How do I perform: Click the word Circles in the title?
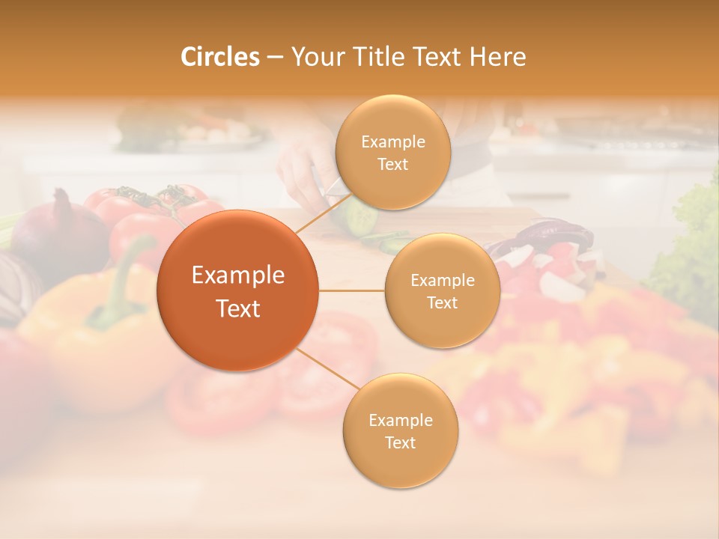219,57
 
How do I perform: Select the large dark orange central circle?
238,290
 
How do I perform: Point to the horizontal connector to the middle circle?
352,290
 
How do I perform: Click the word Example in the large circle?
238,275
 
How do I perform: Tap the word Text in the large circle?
238,308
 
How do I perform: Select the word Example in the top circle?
392,142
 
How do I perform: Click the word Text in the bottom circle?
400,442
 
